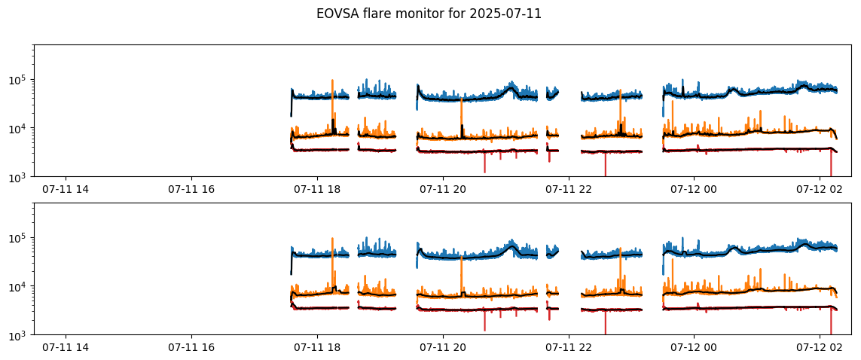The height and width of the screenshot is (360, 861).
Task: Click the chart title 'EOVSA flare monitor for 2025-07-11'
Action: point(429,15)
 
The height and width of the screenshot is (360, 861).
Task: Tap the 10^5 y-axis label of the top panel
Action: point(20,79)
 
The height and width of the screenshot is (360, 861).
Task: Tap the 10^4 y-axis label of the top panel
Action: point(20,128)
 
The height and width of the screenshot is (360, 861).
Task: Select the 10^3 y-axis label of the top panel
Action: point(20,177)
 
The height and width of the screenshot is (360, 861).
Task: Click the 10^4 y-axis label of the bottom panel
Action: point(20,286)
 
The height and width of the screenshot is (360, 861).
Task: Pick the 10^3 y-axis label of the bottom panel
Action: point(20,334)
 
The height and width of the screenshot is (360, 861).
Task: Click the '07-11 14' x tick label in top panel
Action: point(66,189)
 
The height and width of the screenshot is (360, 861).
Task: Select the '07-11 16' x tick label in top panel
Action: point(191,189)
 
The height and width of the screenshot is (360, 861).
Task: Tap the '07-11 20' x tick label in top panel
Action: point(443,189)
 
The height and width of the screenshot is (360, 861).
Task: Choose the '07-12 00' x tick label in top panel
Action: point(694,189)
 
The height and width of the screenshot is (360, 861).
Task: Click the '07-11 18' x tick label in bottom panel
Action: point(317,347)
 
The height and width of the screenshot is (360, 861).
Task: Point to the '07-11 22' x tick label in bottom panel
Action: point(569,347)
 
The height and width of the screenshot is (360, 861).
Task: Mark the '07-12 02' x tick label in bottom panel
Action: point(820,347)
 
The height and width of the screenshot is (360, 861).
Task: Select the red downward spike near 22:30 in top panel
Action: point(605,165)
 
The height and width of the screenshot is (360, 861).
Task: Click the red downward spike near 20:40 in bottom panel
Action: point(484,321)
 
